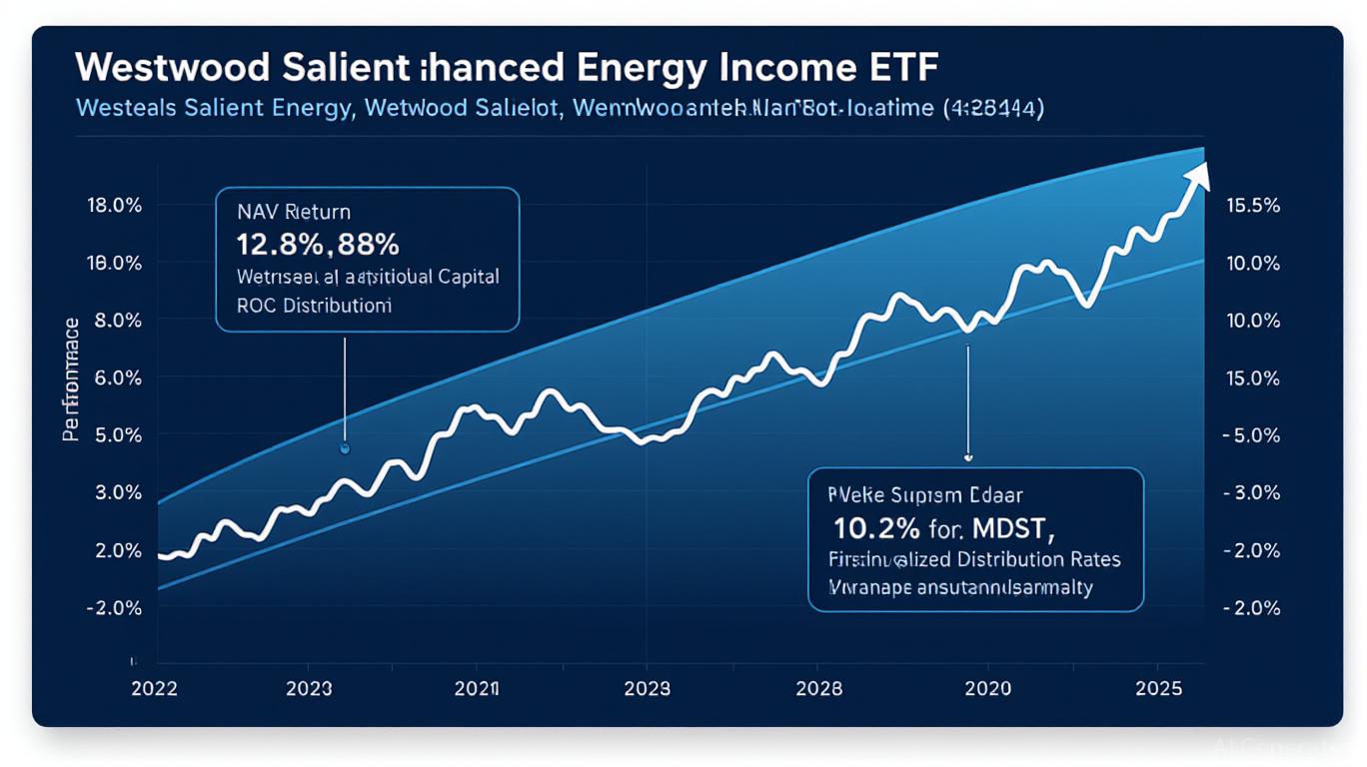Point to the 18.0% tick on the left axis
point(115,206)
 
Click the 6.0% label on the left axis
point(115,379)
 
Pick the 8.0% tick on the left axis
point(115,321)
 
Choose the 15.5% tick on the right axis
point(1251,206)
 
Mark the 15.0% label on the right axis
point(1251,379)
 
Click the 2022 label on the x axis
point(154,688)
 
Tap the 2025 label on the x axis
point(1158,688)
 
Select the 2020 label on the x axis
point(987,688)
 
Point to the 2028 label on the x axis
point(816,688)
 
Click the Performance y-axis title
point(71,379)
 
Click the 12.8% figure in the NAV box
point(272,243)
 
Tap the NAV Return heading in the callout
point(294,212)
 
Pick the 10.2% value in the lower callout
point(865,526)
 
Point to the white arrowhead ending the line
point(1197,176)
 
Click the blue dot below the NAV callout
point(345,449)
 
